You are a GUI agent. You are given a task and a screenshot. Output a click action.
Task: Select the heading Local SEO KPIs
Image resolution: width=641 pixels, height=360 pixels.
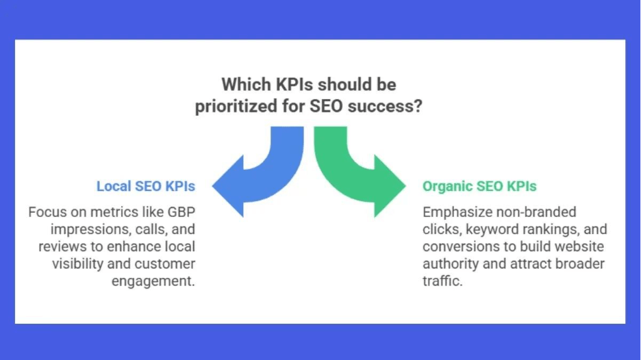click(x=146, y=186)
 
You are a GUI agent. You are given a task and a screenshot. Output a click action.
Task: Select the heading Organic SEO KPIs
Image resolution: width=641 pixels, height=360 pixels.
click(x=479, y=186)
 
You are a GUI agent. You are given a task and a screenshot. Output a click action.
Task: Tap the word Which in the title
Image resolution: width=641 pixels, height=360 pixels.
click(x=247, y=85)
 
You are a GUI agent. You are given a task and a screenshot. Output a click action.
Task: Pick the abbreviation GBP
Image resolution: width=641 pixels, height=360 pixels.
click(x=181, y=212)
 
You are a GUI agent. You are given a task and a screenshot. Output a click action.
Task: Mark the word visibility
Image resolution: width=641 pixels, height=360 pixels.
click(x=77, y=264)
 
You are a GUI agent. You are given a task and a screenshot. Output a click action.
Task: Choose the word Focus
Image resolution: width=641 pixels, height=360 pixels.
click(x=42, y=212)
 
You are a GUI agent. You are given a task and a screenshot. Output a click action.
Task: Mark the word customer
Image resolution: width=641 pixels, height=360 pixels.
click(x=165, y=264)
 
